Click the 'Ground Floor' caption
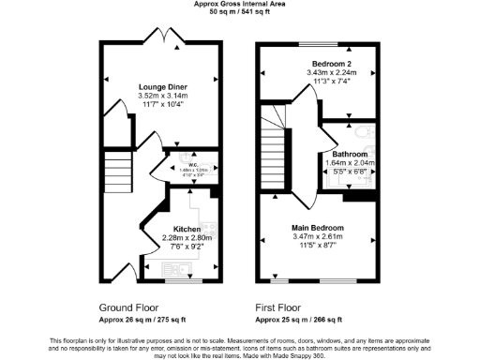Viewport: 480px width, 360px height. pyautogui.click(x=128, y=307)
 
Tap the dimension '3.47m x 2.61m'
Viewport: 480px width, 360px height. pyautogui.click(x=317, y=237)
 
